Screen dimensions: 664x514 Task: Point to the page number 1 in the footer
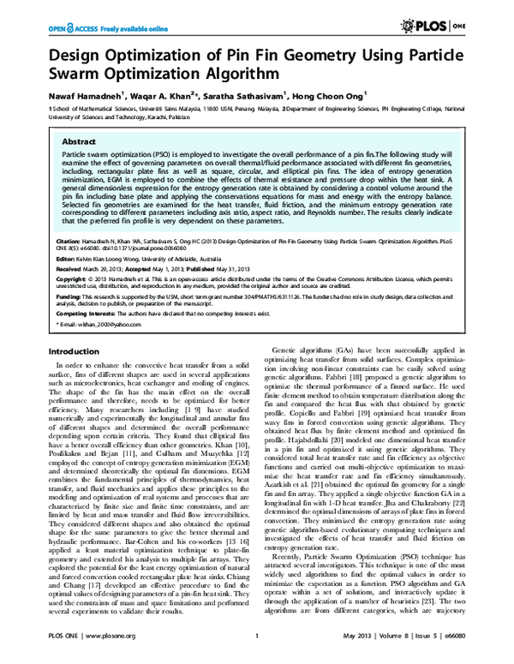coord(257,648)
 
